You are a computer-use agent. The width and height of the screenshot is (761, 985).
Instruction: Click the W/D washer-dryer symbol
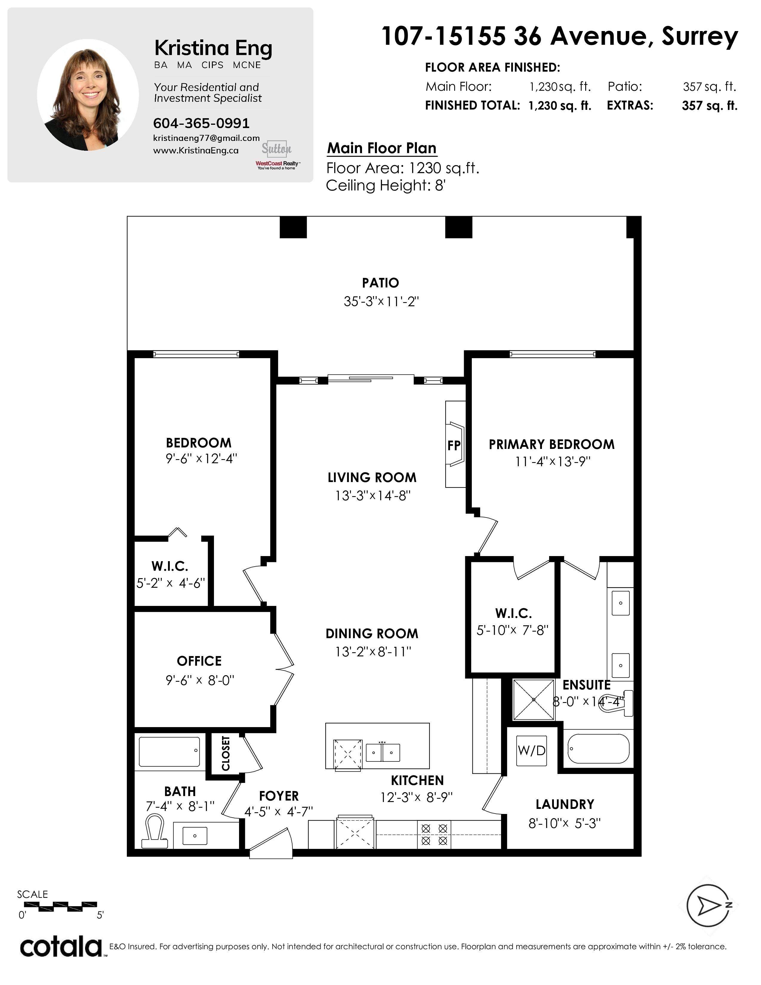click(x=532, y=750)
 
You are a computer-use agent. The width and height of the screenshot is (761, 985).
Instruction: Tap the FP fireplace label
click(x=454, y=446)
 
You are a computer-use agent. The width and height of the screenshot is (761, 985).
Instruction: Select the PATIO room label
click(x=380, y=283)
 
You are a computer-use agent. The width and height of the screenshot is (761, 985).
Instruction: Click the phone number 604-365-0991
click(x=201, y=123)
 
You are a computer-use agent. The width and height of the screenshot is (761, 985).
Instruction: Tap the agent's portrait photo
click(x=88, y=95)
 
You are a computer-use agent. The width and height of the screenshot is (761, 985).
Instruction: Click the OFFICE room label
click(x=199, y=661)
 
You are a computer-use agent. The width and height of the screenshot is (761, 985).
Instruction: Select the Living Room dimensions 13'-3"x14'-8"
click(x=372, y=496)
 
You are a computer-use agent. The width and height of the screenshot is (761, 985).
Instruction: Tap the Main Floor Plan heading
click(x=382, y=148)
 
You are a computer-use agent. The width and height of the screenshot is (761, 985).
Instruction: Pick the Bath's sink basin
click(x=195, y=836)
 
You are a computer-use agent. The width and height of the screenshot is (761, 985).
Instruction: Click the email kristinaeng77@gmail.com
click(x=207, y=138)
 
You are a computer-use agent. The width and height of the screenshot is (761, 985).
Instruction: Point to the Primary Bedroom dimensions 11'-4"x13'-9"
click(x=553, y=462)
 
